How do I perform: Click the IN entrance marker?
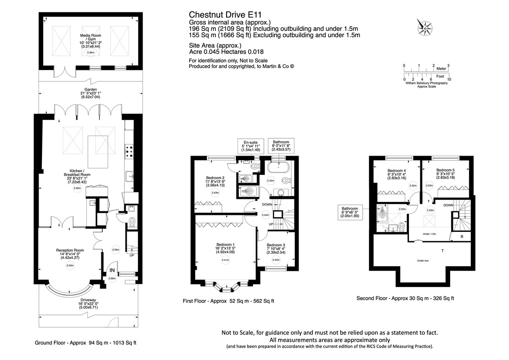coord(112,270)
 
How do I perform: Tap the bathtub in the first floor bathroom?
coord(279,167)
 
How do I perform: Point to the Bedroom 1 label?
coord(225,247)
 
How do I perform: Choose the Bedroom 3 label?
coord(276,248)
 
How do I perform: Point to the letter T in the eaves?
coord(442,251)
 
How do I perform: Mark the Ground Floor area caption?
coord(86,343)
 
